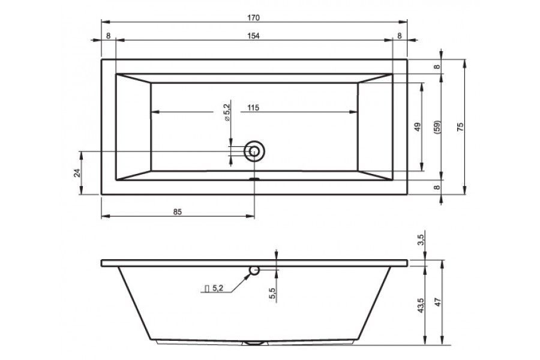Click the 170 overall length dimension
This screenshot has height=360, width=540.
point(253,17)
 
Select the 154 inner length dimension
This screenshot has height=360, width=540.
point(253,36)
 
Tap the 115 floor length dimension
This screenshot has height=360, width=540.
point(253,108)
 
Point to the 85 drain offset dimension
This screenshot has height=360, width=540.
point(177,212)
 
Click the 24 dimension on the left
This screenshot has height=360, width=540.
point(77,173)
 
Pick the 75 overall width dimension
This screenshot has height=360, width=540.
point(460,127)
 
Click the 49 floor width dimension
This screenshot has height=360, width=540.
point(418,127)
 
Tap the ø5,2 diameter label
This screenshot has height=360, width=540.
point(227,110)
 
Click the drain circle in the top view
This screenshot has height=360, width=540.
point(254,151)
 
